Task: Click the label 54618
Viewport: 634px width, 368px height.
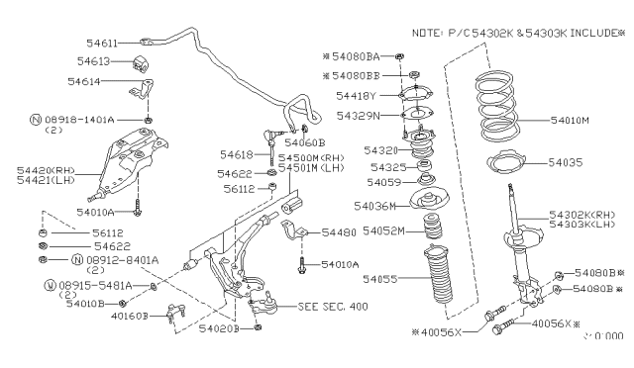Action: pos(237,155)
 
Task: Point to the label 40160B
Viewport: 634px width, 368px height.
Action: pos(128,316)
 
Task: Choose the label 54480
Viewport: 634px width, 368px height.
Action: pos(341,232)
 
